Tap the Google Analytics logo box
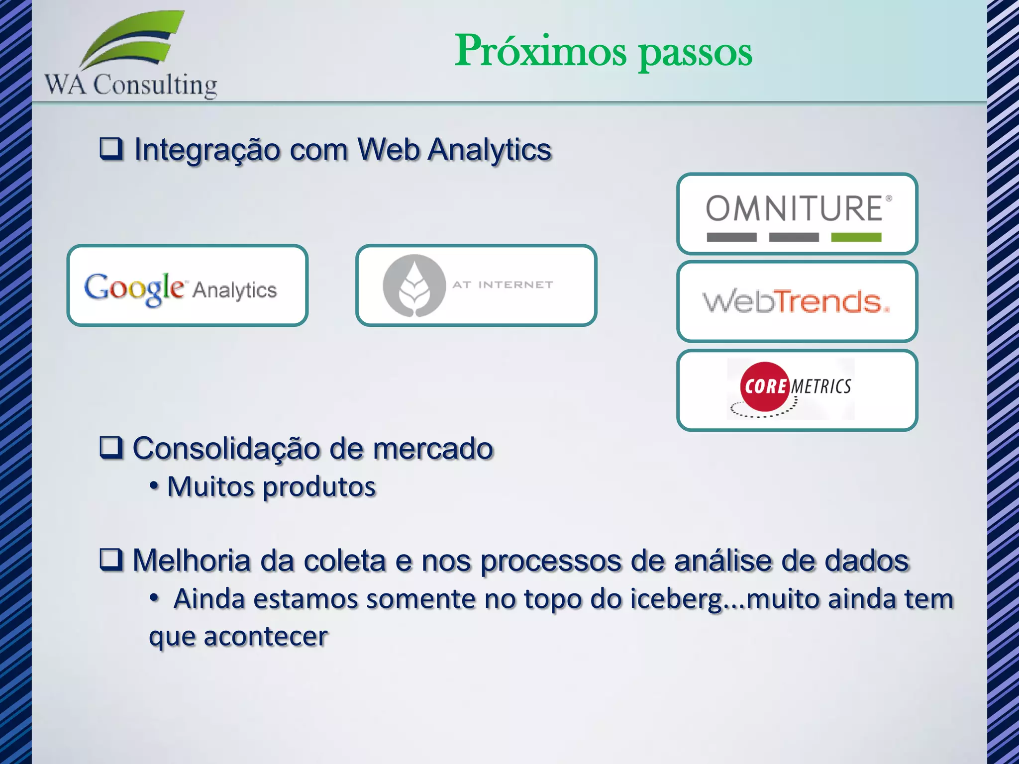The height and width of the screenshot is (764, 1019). [x=188, y=286]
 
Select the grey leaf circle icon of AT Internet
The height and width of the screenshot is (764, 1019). [x=414, y=286]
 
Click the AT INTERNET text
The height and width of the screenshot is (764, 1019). [x=503, y=285]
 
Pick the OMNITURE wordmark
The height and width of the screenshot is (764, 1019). [x=794, y=208]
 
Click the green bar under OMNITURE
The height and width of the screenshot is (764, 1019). [x=856, y=237]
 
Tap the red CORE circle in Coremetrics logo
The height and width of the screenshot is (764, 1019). [x=765, y=386]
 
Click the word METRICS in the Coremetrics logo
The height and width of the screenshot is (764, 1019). [x=821, y=386]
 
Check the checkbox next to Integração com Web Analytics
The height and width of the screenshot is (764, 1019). [x=111, y=148]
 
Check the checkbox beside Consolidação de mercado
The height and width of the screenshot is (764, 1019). [x=111, y=447]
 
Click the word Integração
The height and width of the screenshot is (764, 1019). [x=207, y=150]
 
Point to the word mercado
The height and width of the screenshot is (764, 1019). [x=433, y=449]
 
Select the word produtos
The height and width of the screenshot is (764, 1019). [x=319, y=487]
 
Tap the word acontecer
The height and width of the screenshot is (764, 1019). [x=266, y=636]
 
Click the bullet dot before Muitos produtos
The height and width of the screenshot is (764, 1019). [x=154, y=485]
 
